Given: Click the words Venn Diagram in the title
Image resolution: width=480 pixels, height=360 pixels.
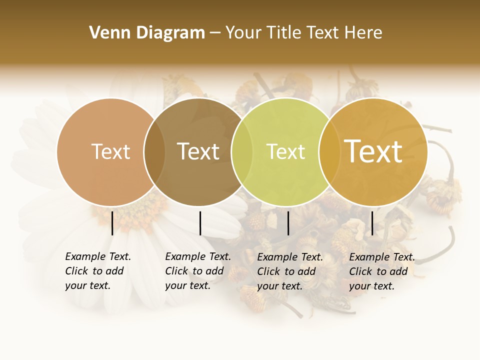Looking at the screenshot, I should tap(147, 33).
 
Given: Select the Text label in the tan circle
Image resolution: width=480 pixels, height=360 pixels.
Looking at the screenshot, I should tap(110, 152).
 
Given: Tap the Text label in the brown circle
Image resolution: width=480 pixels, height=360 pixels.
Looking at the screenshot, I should tap(198, 152).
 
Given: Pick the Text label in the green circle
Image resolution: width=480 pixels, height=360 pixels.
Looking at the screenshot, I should tap(285, 152).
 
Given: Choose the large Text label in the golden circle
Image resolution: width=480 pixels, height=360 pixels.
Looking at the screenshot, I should tap(373, 151).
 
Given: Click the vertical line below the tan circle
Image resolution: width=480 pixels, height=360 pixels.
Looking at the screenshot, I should tap(112, 223).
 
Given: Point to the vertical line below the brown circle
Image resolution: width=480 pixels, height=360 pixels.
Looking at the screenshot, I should tap(200, 223).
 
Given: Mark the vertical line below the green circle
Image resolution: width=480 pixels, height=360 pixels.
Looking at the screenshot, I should tap(288, 223).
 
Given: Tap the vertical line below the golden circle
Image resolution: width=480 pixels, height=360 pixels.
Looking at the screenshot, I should tap(372, 223).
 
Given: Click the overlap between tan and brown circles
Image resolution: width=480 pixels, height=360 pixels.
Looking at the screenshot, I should tap(154, 152).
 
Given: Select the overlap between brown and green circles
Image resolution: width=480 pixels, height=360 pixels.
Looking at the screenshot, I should tap(242, 152).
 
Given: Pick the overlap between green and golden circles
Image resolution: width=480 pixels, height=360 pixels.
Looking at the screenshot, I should tap(329, 152).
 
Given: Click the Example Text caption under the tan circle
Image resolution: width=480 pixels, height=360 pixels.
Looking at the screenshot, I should tap(97, 271).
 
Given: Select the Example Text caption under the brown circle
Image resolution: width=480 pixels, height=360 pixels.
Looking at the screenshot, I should tap(197, 271).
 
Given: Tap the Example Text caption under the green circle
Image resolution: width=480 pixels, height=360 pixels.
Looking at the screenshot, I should tap(289, 271).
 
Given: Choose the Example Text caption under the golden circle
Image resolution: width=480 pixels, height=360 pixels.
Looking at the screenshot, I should tap(381, 271).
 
